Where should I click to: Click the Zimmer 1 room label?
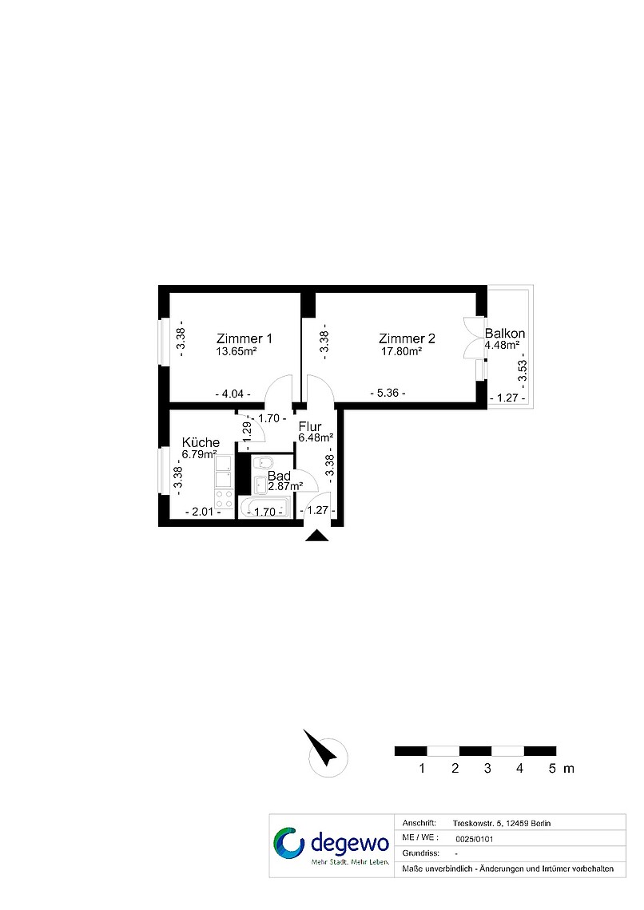244,338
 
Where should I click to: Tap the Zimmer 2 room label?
407,338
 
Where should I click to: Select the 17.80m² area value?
401,351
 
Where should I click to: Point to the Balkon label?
505,333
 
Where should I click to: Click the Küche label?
201,442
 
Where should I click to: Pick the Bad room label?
279,476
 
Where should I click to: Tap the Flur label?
309,426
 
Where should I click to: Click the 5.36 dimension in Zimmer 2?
388,393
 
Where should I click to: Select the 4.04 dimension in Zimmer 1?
233,394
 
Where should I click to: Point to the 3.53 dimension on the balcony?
522,370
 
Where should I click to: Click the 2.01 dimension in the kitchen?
203,512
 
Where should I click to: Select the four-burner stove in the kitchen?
225,499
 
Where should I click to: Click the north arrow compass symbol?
326,754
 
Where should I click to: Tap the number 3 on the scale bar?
487,769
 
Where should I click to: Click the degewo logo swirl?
288,843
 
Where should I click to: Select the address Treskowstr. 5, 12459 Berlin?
502,823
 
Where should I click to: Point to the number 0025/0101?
475,839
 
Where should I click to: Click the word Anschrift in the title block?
419,823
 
